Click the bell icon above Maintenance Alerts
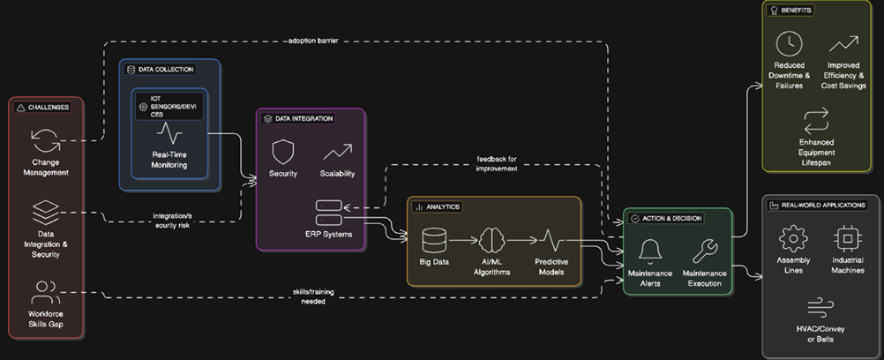coord(651,251)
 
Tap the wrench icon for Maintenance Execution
coord(704,251)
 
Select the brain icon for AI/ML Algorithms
coord(491,240)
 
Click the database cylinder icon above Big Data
coord(434,240)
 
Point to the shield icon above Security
coord(282,152)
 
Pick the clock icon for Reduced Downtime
coord(788,42)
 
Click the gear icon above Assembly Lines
coord(793,238)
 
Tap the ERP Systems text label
coord(328,235)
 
